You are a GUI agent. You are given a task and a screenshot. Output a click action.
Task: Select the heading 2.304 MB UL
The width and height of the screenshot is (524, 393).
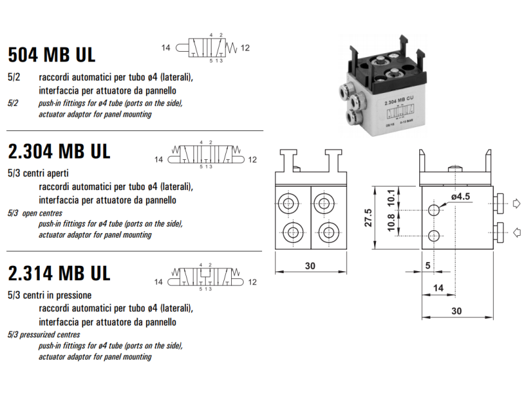click(59, 151)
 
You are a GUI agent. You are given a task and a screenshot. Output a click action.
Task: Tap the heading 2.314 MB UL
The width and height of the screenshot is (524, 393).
click(59, 272)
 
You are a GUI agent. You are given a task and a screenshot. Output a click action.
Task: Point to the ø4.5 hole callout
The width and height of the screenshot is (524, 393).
click(461, 196)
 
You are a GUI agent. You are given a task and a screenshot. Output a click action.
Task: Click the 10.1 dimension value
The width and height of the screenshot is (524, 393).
click(391, 196)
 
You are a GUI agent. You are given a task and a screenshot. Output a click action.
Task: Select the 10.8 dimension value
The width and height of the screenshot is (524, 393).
click(391, 223)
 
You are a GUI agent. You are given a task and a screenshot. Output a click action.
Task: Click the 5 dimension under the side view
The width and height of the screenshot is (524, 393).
click(427, 265)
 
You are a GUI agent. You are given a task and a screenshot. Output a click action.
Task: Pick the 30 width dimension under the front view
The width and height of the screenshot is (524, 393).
click(310, 265)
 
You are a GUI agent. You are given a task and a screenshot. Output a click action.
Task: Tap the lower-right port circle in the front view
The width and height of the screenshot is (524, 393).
click(326, 231)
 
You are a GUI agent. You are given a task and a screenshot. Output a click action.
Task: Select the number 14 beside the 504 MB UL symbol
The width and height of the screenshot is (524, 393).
click(165, 48)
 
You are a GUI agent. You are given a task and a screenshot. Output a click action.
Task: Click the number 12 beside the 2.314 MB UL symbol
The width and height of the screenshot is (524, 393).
click(253, 282)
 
